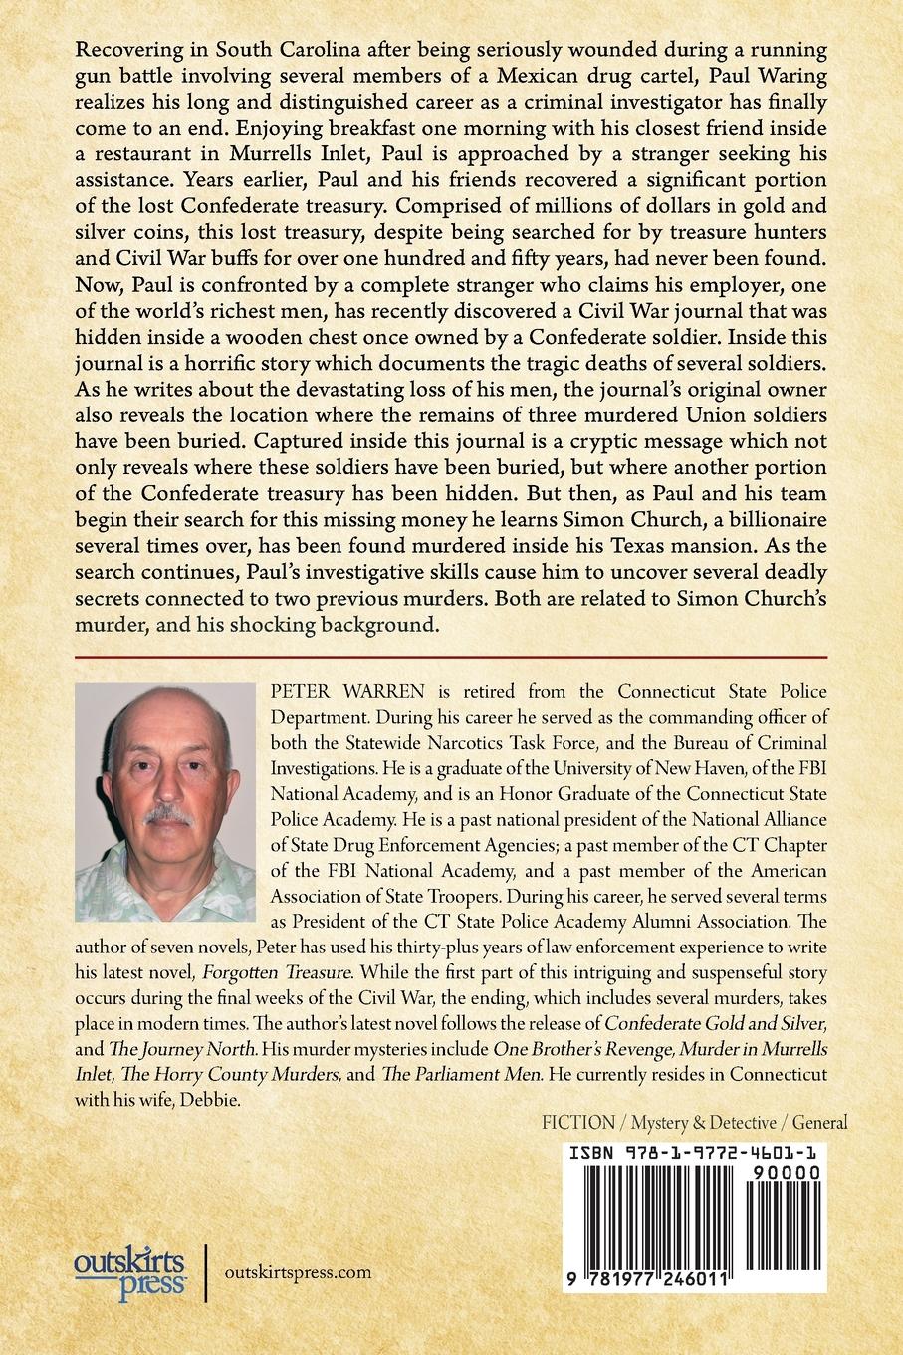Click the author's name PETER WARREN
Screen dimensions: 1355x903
pos(326,691)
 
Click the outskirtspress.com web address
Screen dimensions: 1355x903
pos(299,1271)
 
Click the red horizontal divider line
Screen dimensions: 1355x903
pos(451,658)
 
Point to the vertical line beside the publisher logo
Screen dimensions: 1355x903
pos(206,1272)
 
